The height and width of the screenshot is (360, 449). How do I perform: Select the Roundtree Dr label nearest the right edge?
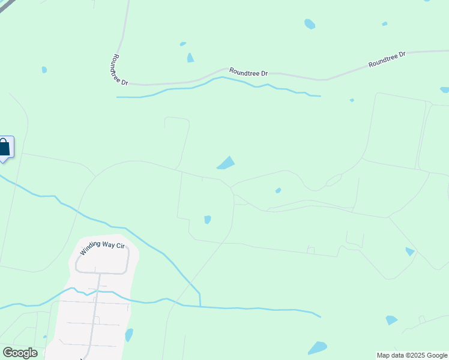coord(387,58)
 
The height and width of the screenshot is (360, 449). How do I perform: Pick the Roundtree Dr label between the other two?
coord(247,73)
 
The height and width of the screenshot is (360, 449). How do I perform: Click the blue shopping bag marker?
coord(5,147)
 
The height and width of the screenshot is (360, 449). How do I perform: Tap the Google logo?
coord(20,353)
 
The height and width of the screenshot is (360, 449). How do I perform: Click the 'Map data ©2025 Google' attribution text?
coord(412,355)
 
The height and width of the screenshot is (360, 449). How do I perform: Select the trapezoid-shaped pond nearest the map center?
coord(226,163)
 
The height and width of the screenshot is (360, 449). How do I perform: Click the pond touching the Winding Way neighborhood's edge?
coord(128,334)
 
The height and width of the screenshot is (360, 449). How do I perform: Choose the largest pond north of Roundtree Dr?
coord(310,24)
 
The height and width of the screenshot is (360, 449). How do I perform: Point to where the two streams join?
coord(200,305)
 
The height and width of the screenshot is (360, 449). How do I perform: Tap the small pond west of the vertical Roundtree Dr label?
coord(44,70)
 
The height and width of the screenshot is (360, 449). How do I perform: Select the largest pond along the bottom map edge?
coord(317,348)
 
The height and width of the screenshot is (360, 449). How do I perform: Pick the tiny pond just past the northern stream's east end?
coord(352,100)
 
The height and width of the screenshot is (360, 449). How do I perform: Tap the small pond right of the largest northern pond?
coord(384,24)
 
